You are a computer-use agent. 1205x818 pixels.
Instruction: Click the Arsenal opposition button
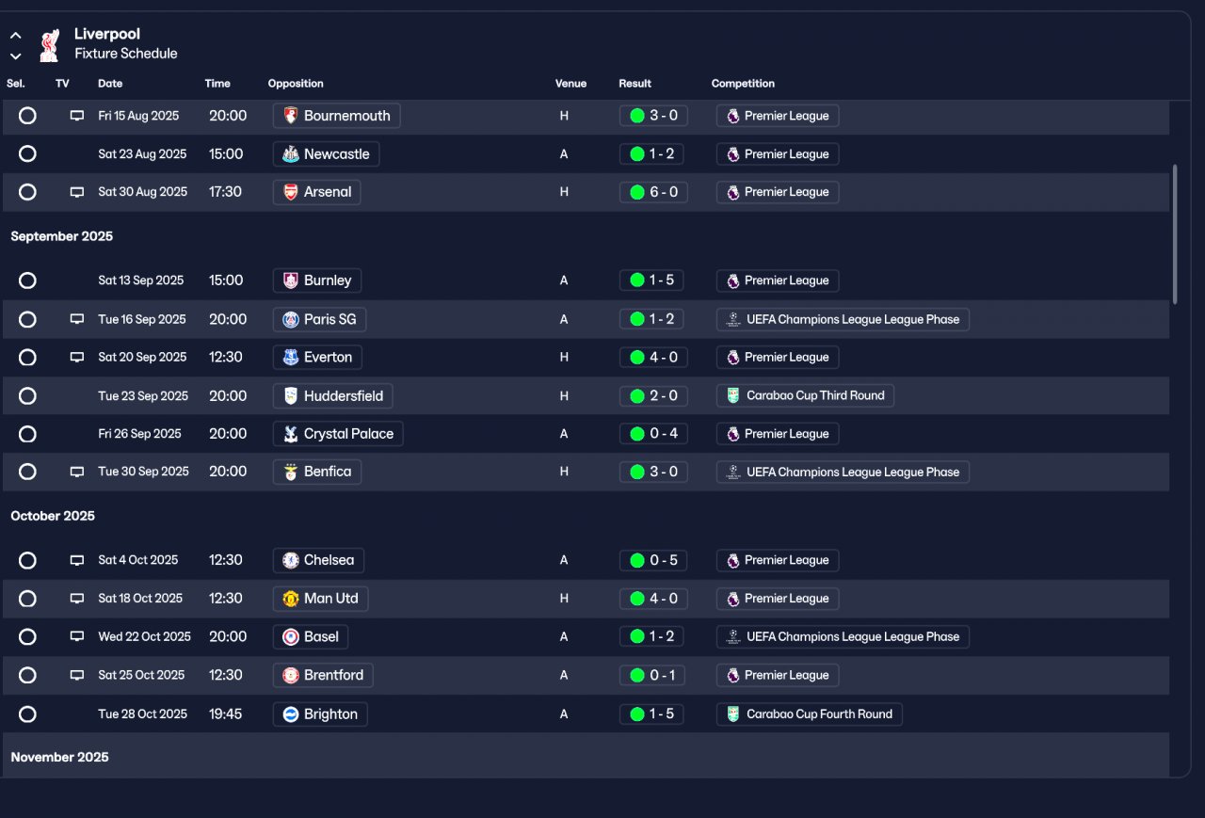click(316, 192)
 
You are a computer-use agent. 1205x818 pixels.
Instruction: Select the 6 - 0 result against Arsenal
click(652, 192)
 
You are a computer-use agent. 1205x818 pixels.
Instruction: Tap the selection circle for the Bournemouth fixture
click(27, 116)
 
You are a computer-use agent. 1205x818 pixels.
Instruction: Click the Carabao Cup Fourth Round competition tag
click(809, 714)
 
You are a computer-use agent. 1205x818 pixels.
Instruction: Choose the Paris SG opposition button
click(319, 319)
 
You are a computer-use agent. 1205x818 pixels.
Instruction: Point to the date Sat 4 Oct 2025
click(137, 560)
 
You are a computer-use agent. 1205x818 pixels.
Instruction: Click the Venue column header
click(570, 84)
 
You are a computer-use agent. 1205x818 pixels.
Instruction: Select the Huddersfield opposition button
click(332, 396)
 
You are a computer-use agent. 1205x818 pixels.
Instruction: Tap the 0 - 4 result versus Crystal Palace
click(652, 434)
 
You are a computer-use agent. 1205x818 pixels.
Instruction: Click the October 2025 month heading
click(53, 516)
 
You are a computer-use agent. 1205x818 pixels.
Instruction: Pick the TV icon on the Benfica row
click(77, 472)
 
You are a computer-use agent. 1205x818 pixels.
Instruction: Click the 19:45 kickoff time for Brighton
click(225, 714)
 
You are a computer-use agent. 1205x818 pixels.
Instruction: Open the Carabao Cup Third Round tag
click(805, 396)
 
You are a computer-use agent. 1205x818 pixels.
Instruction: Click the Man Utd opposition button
click(320, 599)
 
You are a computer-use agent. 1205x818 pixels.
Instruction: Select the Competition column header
click(743, 84)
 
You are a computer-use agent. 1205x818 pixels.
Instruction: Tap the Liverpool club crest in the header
click(49, 44)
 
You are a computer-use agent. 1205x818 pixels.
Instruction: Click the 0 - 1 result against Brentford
click(652, 675)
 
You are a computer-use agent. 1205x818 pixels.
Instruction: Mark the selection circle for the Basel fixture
click(27, 637)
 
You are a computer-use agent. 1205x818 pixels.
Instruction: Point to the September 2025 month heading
click(61, 236)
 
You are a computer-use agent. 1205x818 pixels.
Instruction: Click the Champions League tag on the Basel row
click(843, 637)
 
